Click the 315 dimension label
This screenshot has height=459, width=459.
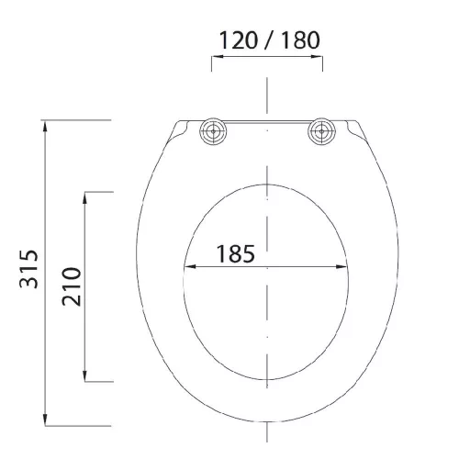28,269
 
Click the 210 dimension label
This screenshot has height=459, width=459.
72,286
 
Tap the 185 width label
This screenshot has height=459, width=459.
236,254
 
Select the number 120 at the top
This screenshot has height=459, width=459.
239,40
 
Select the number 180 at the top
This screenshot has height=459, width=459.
301,40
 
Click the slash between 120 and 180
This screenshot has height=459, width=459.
269,40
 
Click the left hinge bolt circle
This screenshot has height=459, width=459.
213,131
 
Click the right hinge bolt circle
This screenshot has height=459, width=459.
321,131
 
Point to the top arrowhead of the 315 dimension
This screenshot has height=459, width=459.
45,127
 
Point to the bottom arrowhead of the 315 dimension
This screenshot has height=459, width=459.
45,420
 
